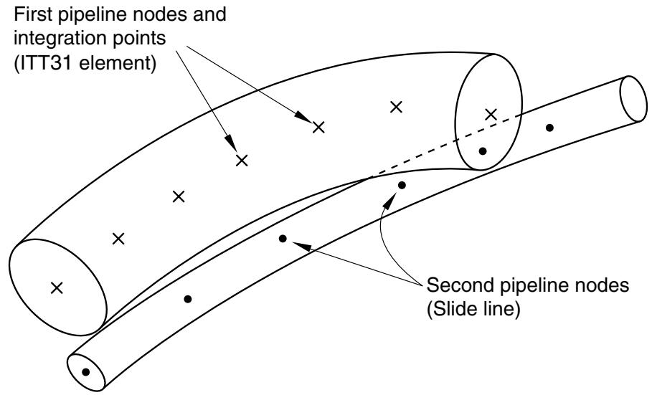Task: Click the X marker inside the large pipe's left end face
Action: [57, 287]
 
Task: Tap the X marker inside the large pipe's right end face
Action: [491, 115]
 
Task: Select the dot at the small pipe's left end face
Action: [85, 372]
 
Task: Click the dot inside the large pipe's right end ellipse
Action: [482, 151]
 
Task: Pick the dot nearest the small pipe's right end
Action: [549, 128]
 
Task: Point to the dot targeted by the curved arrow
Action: [402, 185]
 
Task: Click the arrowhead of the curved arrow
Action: [389, 201]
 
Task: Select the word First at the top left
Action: [31, 14]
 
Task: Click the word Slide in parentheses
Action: [452, 310]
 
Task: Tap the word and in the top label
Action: [212, 14]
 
